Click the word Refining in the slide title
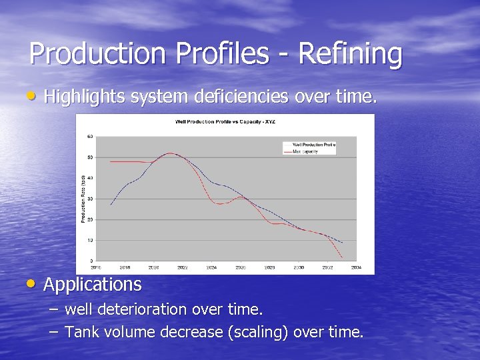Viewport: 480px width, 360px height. [x=351, y=54]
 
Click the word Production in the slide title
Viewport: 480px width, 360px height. [x=97, y=54]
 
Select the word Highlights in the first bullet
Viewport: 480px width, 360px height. [x=85, y=97]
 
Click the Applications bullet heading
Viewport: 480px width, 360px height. [x=93, y=285]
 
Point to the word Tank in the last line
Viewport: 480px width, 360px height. [x=81, y=332]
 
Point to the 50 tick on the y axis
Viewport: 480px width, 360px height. [x=90, y=157]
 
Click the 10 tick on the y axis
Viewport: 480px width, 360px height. [x=90, y=240]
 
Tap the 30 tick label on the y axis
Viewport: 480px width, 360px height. [x=90, y=199]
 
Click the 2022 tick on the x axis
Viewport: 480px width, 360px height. [x=182, y=267]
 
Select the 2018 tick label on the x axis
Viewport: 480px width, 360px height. [x=125, y=267]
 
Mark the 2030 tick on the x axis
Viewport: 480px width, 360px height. [x=298, y=267]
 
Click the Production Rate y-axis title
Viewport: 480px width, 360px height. [x=83, y=199]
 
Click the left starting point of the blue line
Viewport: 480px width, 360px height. [x=111, y=205]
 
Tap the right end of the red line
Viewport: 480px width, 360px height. [x=342, y=257]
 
